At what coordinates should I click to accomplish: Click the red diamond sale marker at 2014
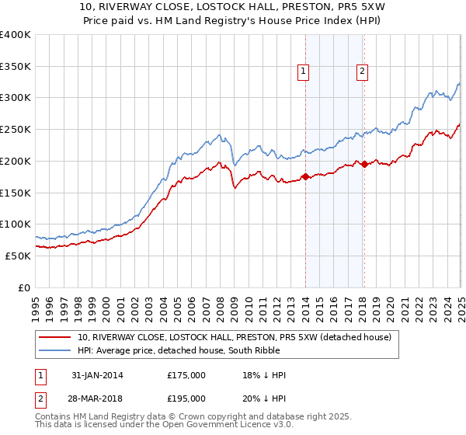[x=305, y=176]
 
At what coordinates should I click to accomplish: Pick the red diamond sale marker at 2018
[x=364, y=164]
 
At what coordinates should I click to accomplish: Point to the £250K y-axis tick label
[x=16, y=129]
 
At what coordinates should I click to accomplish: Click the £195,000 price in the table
[x=186, y=398]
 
